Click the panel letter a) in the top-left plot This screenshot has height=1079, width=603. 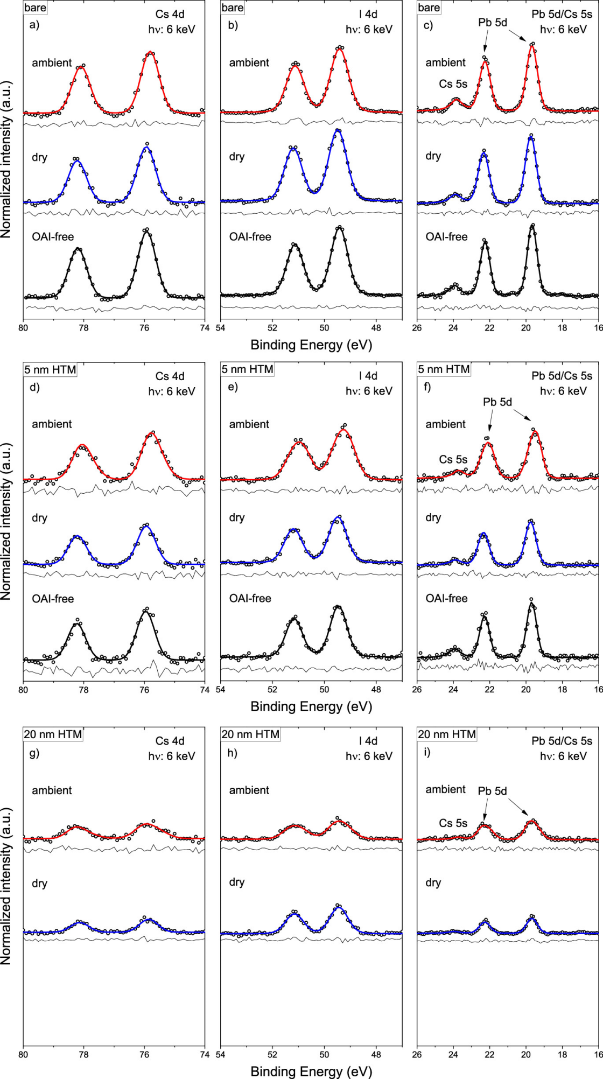34,25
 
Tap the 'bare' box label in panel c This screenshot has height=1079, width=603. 429,8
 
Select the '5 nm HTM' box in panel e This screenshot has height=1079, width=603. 248,369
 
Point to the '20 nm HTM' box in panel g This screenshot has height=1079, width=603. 53,734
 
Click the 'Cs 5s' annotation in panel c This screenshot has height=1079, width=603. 453,84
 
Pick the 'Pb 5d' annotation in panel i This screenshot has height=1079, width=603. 492,791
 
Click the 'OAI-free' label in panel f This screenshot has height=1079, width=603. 446,598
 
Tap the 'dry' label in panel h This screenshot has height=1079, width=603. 237,882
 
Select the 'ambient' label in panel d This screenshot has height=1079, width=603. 52,424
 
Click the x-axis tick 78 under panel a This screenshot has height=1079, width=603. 83,327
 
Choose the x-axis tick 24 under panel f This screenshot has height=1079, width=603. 453,689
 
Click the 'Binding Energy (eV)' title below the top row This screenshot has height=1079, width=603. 311,345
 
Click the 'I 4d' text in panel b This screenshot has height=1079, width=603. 368,15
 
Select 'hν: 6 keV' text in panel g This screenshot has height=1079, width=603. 172,756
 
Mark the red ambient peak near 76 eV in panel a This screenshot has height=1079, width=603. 150,53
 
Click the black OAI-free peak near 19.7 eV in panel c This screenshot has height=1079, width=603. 532,226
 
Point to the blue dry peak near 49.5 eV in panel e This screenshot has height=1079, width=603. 339,517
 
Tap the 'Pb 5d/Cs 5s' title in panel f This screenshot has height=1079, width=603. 562,376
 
